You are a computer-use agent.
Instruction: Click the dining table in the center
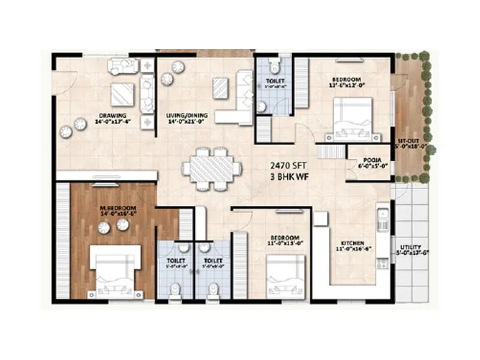coord(212,167)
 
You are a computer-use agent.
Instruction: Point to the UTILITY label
coord(410,247)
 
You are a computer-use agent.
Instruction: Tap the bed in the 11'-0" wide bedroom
coord(286,276)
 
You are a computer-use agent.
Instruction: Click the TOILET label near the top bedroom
coord(274,80)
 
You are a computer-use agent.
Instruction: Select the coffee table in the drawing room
coord(122,94)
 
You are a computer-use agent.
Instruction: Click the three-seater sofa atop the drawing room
coord(123,66)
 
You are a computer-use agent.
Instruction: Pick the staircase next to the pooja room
coord(331,151)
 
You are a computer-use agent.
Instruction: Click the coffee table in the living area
coord(220,88)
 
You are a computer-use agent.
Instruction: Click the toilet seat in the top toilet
coord(274,65)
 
